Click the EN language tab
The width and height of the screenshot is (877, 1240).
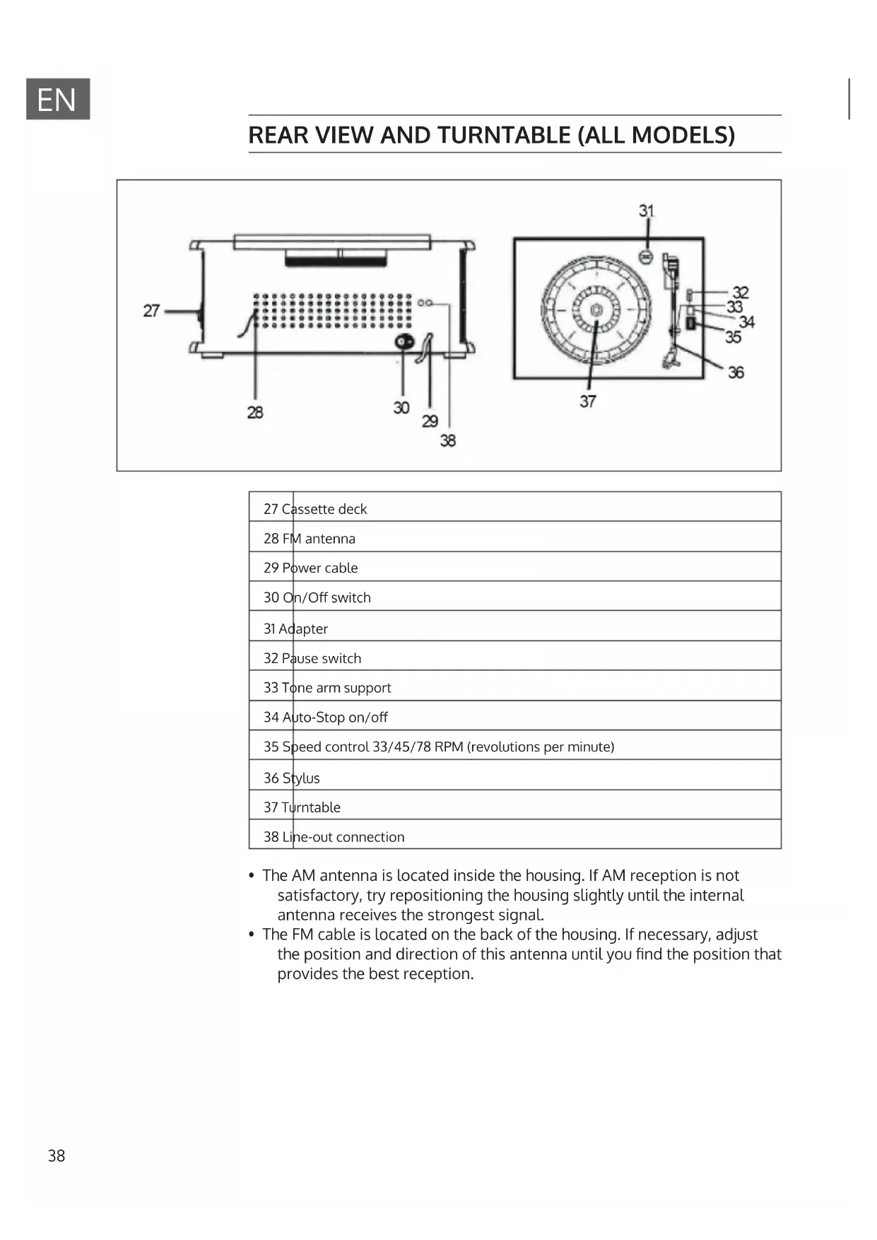pyautogui.click(x=57, y=99)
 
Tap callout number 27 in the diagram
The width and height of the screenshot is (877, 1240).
pyautogui.click(x=151, y=310)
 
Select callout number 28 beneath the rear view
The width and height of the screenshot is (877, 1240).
pyautogui.click(x=255, y=412)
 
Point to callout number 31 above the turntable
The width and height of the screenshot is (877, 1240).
pyautogui.click(x=647, y=211)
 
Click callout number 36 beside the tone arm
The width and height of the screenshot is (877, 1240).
pyautogui.click(x=736, y=372)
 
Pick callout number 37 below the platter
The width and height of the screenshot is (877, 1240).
pyautogui.click(x=588, y=401)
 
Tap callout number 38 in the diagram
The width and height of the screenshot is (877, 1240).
pyautogui.click(x=448, y=440)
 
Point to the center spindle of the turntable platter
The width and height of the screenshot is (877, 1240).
pyautogui.click(x=596, y=309)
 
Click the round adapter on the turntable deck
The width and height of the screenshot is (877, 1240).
pyautogui.click(x=645, y=257)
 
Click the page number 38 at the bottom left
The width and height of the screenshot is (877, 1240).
pyautogui.click(x=57, y=1156)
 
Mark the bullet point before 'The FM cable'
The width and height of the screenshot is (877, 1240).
pyautogui.click(x=251, y=935)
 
